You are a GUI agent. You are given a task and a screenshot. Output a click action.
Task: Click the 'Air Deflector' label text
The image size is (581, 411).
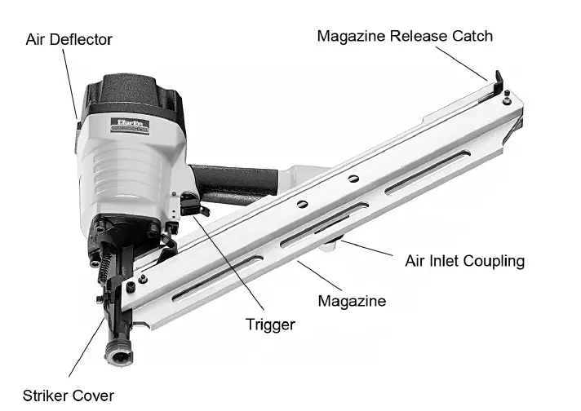[x=69, y=39]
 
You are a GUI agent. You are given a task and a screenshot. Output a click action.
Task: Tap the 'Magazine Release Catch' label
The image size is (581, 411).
[x=405, y=36]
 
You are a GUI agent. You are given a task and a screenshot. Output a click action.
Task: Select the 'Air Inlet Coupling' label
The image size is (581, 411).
[x=464, y=261]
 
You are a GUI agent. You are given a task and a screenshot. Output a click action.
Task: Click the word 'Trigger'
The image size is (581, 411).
[x=270, y=325]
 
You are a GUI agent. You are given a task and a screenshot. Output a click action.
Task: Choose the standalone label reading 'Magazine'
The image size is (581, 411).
[x=353, y=301]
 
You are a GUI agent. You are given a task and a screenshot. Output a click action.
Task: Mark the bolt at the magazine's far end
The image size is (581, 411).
[x=508, y=101]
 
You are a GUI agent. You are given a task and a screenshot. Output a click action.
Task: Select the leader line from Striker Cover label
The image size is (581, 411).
[x=86, y=351]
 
